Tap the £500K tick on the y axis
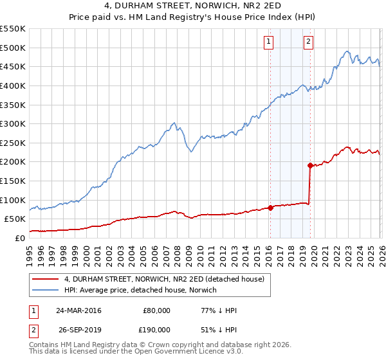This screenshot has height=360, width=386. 13,48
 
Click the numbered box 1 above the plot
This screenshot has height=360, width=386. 268,42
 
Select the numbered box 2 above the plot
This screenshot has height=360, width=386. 309,42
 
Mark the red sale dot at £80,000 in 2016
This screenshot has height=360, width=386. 270,207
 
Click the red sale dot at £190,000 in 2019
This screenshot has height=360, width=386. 310,165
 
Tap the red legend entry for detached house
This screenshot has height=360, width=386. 164,280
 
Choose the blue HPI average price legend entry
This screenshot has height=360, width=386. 140,291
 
